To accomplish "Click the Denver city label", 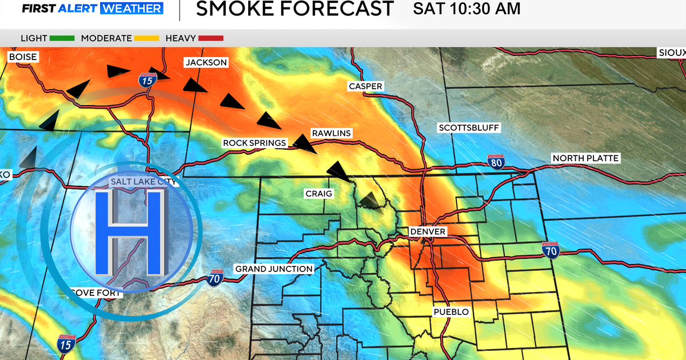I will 428,231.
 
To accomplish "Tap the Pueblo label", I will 450,312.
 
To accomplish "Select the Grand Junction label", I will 274,269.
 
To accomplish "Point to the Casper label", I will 365,86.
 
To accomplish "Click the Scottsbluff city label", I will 469,128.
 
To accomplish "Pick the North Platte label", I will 585,158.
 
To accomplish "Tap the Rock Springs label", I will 254,143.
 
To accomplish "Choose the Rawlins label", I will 331,133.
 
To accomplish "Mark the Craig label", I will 318,194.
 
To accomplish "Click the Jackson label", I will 205,62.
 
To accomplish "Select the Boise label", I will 23,57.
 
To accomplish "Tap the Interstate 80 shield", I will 496,162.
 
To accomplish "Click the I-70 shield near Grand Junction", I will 214,278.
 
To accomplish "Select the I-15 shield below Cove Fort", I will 65,344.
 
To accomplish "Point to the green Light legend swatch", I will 62,38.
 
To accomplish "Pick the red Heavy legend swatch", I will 211,38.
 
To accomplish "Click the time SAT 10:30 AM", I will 467,9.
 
